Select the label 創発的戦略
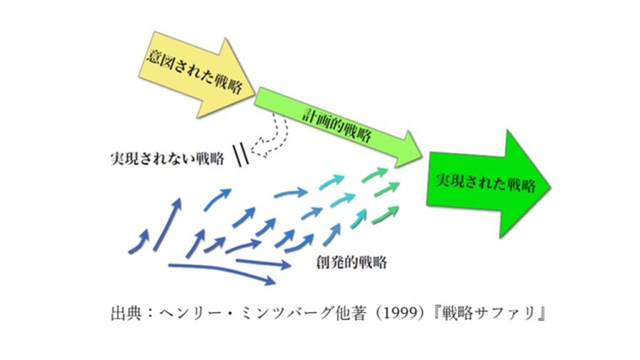tap(351, 262)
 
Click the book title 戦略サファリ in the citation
tap(494, 312)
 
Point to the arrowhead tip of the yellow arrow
tap(254, 88)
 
